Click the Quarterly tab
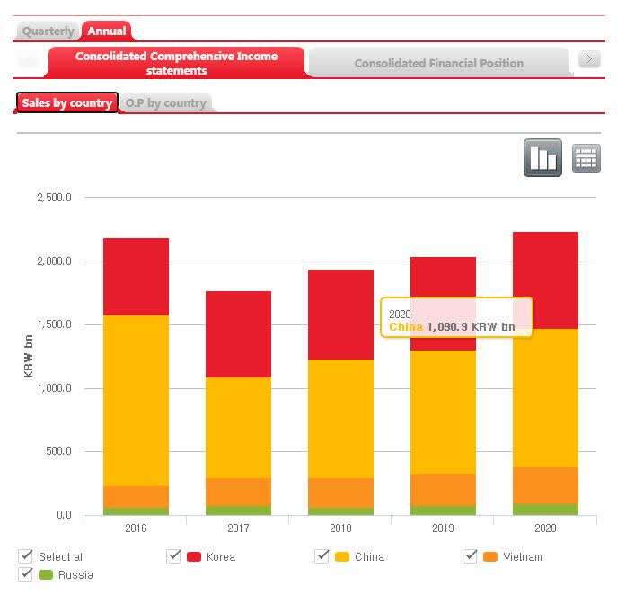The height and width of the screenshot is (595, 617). [x=48, y=31]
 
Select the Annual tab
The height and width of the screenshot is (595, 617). [x=107, y=31]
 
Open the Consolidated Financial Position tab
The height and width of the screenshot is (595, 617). [x=438, y=63]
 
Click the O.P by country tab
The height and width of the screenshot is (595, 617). [x=165, y=103]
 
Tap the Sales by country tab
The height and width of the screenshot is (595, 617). [x=67, y=103]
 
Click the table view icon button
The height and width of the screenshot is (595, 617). [x=586, y=158]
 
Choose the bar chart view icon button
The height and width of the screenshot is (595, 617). [x=543, y=158]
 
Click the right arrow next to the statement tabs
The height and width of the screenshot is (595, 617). [x=589, y=59]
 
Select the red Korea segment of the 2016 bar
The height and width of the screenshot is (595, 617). [x=136, y=277]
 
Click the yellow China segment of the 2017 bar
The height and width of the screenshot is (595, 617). [x=238, y=427]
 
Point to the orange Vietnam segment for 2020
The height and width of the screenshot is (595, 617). [x=545, y=485]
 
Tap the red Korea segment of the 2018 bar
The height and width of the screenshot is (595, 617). [x=340, y=315]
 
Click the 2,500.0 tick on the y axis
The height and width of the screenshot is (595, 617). [x=54, y=198]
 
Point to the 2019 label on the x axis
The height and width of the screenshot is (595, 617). [x=443, y=528]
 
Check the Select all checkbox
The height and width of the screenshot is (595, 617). [x=26, y=556]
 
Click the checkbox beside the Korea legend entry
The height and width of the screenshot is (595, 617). [x=174, y=556]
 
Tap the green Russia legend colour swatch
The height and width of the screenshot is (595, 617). [x=46, y=575]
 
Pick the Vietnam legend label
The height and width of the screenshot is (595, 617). [x=523, y=557]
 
